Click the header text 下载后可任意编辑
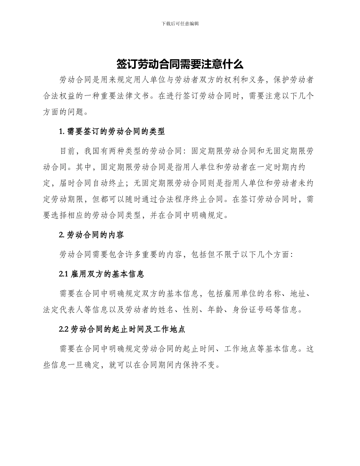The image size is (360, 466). pyautogui.click(x=180, y=23)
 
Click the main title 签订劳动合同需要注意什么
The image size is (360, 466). pyautogui.click(x=180, y=64)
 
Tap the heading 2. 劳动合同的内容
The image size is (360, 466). pyautogui.click(x=92, y=235)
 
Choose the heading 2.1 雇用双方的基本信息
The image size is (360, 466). pyautogui.click(x=102, y=274)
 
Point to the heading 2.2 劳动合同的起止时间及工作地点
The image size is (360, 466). pyautogui.click(x=122, y=329)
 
